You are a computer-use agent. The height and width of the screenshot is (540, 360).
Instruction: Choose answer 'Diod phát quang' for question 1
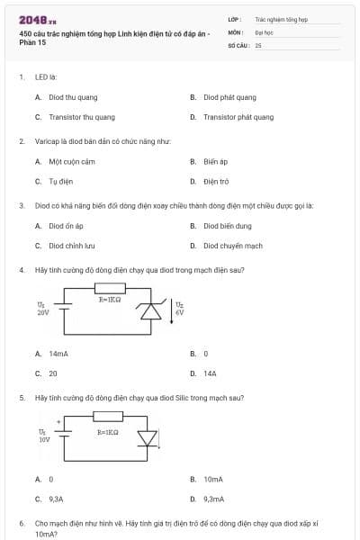[x=229, y=97]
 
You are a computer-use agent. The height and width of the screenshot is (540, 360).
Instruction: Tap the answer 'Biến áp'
[x=215, y=162]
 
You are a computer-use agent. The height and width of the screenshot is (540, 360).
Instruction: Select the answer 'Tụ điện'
[x=60, y=181]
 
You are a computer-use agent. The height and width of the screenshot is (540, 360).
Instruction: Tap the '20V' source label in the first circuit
[x=43, y=313]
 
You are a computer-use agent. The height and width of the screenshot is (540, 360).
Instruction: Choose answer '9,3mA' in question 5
[x=213, y=498]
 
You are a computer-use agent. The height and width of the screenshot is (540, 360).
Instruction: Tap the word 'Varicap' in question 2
[x=45, y=141]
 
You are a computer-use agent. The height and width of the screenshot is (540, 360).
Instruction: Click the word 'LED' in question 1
[x=40, y=77]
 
